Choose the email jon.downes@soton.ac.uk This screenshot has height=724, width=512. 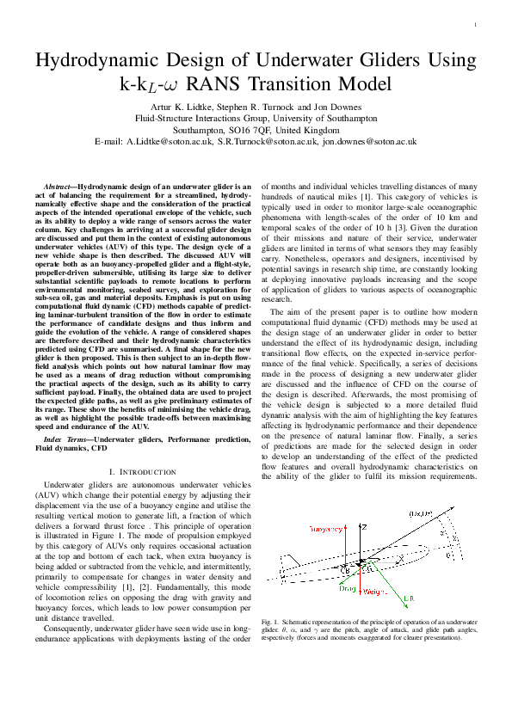(x=370, y=140)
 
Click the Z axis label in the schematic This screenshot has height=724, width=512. (x=365, y=525)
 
